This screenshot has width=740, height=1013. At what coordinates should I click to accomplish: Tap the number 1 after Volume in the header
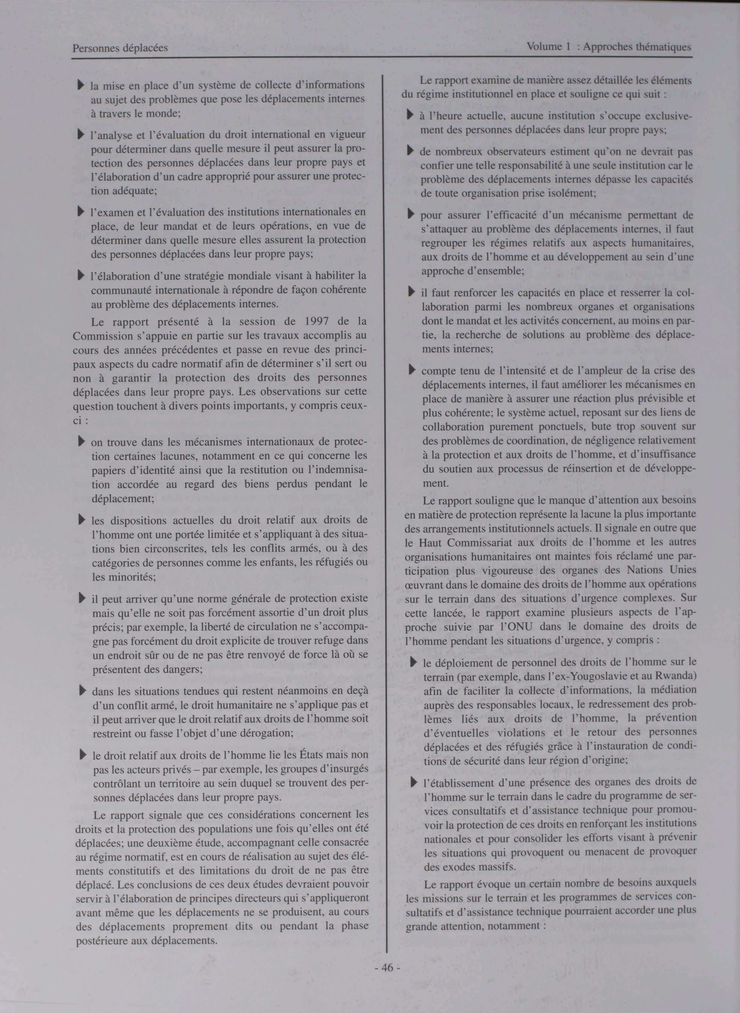(567, 46)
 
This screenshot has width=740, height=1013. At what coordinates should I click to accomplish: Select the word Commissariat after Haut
(479, 542)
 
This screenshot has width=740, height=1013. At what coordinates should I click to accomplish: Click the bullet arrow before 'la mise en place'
(81, 84)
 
